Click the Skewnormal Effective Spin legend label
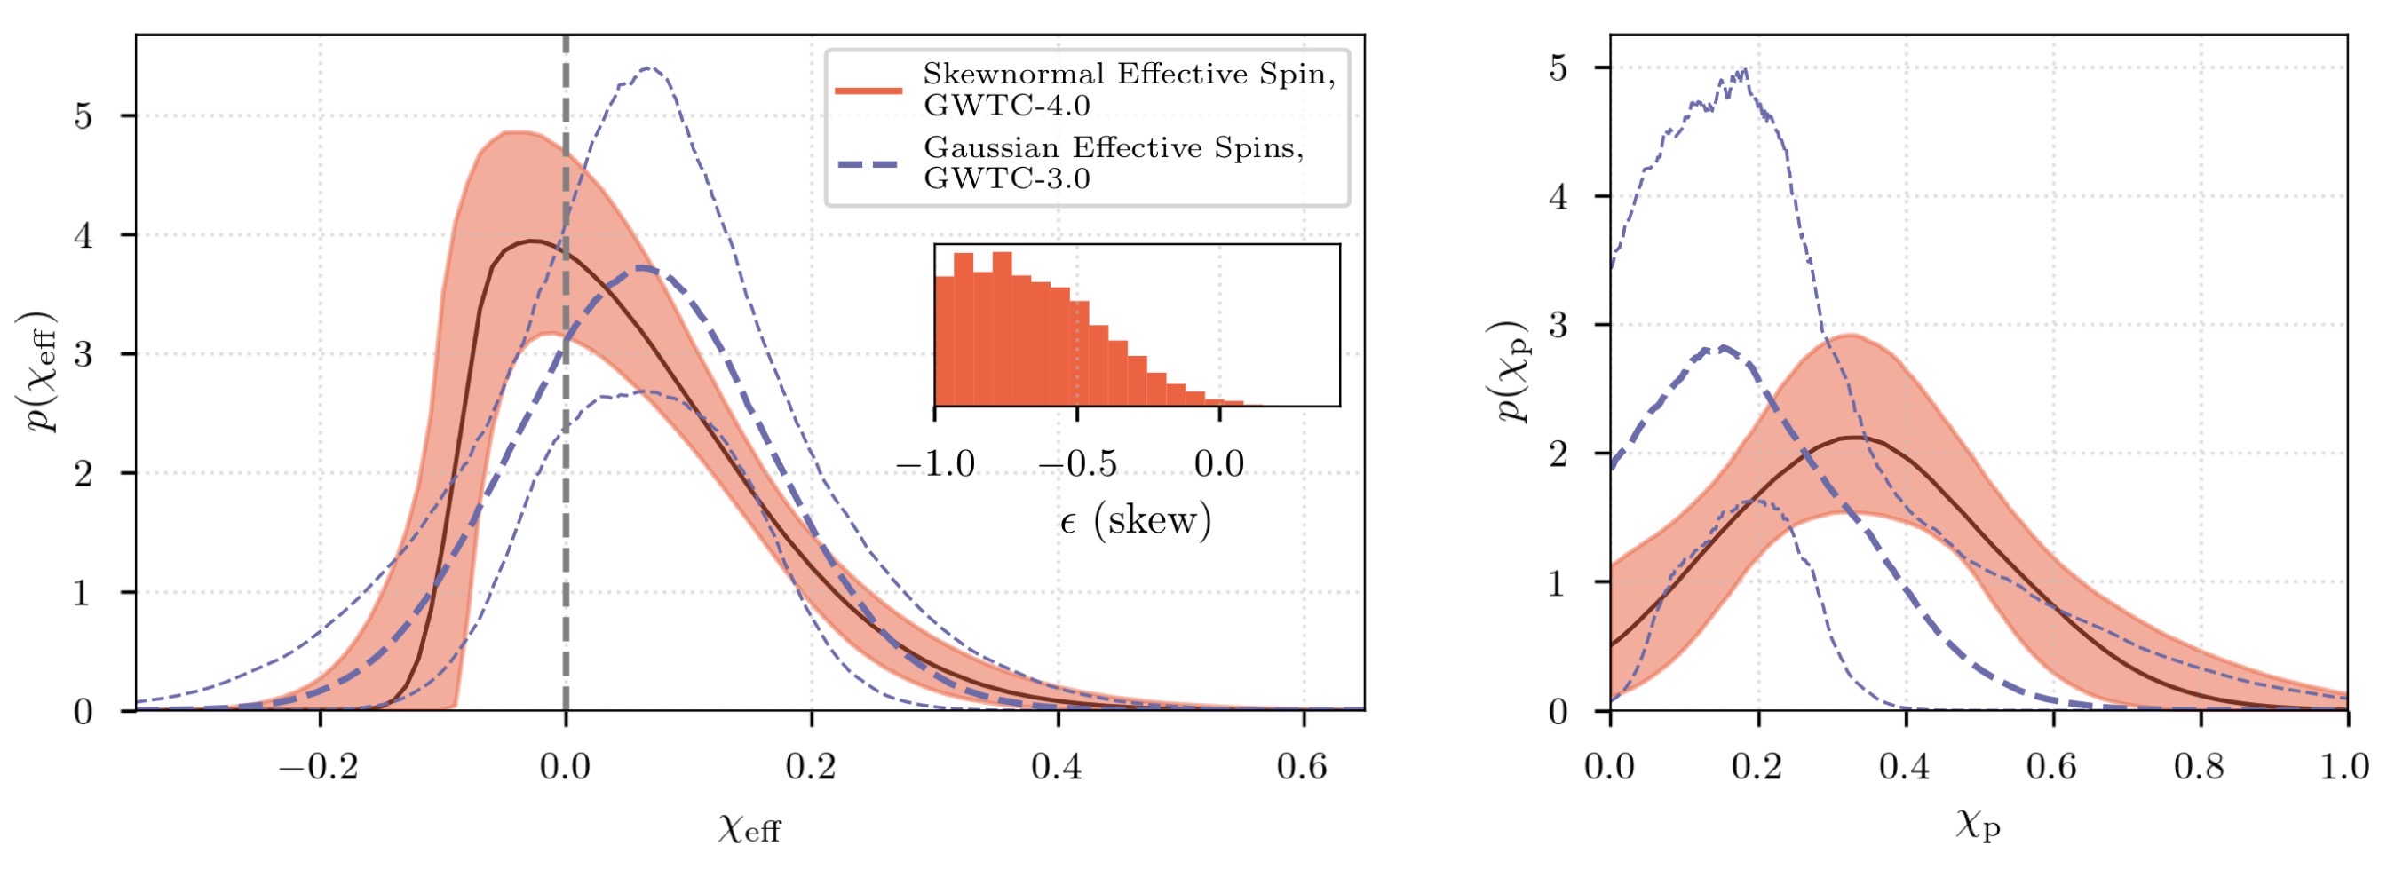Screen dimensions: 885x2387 1129,88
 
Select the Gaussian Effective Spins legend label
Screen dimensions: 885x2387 1113,162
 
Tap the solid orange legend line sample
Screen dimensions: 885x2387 868,90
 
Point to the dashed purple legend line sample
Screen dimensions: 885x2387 868,164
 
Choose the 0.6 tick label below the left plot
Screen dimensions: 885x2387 1302,767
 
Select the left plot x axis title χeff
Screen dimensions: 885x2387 749,826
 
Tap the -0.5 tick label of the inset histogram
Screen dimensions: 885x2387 1077,463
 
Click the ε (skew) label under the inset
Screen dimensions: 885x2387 1135,521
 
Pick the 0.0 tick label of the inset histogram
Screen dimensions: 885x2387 1218,463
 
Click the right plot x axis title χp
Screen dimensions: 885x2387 1978,823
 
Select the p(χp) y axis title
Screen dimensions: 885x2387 1512,371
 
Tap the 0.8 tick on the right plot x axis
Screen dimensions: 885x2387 2201,767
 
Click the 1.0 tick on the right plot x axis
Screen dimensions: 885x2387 2345,767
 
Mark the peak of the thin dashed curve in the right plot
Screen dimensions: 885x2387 1746,70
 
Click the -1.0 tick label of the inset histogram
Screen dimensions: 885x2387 935,463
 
